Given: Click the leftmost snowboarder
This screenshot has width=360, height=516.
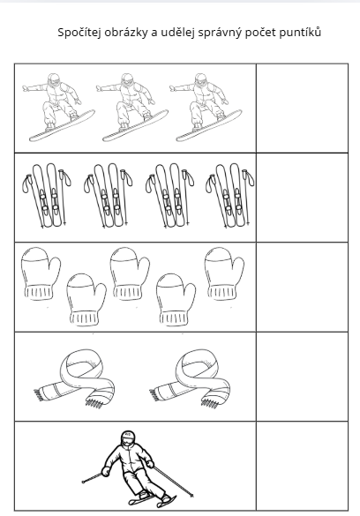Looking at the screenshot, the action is (57, 108).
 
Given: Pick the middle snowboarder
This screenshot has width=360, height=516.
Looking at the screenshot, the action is (131, 108).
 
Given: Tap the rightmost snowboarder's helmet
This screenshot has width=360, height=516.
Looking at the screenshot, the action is (200, 80).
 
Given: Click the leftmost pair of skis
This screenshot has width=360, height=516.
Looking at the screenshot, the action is (47, 195).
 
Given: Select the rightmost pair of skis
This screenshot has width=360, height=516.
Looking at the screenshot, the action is (230, 195).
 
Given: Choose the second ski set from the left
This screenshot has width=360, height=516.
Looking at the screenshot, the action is (109, 195).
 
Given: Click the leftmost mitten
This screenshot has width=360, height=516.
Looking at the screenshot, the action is (40, 273).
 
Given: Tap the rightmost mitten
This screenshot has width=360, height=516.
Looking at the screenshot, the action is (224, 273).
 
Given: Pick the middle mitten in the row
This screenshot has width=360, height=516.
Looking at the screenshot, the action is (130, 273).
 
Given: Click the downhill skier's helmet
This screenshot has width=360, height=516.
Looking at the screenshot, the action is (128, 437).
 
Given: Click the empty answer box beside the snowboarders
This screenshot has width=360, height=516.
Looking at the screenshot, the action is (302, 108).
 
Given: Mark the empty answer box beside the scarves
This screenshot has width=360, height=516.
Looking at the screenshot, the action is (302, 377).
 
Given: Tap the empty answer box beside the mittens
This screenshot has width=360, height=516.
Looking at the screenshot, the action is (302, 287).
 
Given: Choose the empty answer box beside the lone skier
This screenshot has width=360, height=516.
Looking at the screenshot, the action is (302, 466).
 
